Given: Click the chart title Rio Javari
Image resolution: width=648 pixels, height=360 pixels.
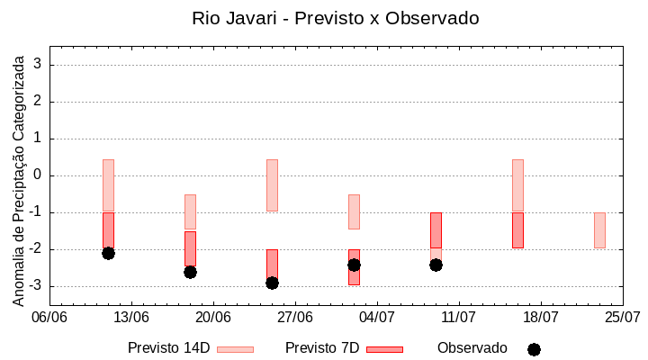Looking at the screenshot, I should pos(336,18).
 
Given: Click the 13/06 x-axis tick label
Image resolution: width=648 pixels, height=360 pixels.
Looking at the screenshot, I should pos(131,317).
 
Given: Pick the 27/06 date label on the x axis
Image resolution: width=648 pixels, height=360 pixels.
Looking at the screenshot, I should pos(295,317).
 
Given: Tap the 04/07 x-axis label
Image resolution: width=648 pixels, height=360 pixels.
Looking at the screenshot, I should pos(377,317).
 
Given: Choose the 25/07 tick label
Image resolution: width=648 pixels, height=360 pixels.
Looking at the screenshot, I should pos(623,317).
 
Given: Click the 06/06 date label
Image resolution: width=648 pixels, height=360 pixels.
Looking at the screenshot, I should pos(49,317).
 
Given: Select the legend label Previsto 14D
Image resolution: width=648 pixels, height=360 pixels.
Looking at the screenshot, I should pos(168,348).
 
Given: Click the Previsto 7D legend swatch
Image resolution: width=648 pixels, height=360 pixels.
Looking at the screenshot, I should pos(384,349).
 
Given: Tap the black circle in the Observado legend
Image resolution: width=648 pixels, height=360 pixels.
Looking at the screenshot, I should pos(534,349).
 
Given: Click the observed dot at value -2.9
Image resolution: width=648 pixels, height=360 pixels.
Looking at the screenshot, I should pos(272,283).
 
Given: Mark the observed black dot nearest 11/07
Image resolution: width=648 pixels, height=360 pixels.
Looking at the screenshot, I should pos(436,265).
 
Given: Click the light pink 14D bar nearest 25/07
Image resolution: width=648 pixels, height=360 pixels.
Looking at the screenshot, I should pos(599,230).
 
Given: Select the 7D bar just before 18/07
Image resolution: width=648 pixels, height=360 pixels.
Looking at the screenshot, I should pos(517,230).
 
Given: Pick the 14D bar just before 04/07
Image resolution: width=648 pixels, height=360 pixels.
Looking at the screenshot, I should pos(354,211).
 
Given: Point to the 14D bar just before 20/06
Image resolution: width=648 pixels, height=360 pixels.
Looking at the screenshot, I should pos(190,211).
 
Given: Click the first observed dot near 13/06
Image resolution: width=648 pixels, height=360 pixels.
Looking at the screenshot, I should pos(108,253).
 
